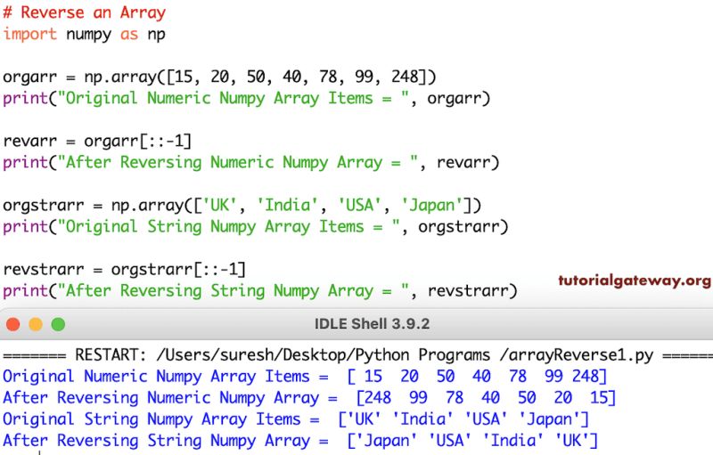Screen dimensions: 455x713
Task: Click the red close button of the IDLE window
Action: click(x=14, y=324)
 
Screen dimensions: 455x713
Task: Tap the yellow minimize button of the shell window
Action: click(x=37, y=324)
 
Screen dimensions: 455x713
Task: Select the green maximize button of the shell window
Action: click(x=58, y=324)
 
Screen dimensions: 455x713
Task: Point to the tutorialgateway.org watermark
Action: click(x=635, y=280)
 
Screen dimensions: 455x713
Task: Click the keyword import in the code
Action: click(x=29, y=34)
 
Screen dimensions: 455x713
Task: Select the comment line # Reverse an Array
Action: click(x=84, y=12)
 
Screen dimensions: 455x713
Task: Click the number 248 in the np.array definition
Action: click(x=406, y=77)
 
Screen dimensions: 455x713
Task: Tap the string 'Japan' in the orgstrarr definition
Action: click(x=432, y=205)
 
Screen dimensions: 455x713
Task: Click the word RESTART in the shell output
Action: click(x=106, y=355)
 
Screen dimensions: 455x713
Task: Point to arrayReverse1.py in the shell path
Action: click(x=584, y=355)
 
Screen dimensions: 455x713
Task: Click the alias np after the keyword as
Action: click(x=156, y=34)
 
